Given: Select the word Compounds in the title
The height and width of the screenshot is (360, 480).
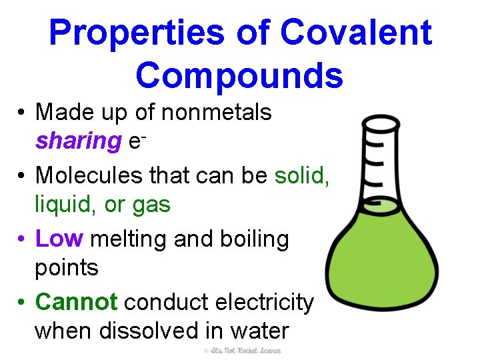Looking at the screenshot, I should coord(240,75).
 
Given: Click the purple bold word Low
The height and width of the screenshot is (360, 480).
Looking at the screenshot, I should coord(59,239).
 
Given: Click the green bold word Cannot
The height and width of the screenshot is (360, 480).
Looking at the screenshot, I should coord(77,302).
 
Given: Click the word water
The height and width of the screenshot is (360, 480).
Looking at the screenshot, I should coord(256,331).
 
